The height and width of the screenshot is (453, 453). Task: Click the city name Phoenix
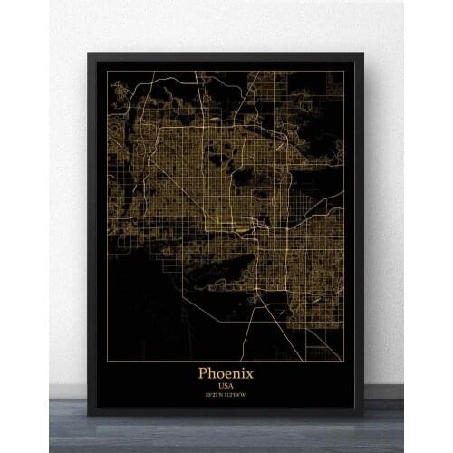[226, 372]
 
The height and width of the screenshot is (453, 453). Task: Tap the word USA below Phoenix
[226, 385]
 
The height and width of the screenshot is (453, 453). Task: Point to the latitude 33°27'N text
[215, 394]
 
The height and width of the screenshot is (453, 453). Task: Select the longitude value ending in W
[238, 394]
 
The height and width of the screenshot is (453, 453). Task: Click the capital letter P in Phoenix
[204, 372]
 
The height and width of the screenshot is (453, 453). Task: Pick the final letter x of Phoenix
[250, 373]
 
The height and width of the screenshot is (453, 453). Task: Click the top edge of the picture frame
[226, 56]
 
